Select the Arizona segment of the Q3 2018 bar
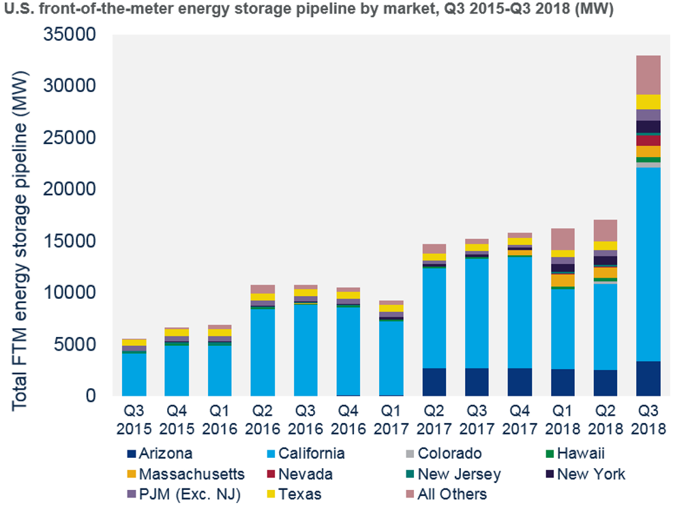[x=648, y=378]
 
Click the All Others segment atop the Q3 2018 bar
[x=648, y=75]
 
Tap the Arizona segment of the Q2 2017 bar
[x=434, y=381]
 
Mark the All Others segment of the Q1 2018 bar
[x=563, y=239]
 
